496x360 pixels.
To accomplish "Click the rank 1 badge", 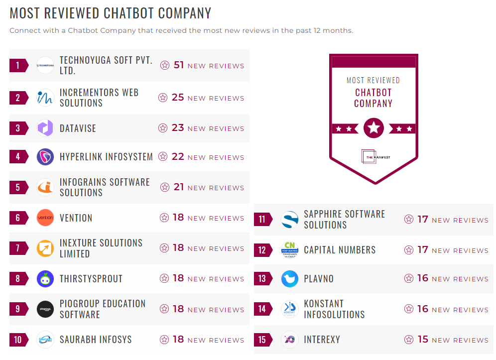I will [18, 65].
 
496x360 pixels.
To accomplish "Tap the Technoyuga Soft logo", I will [45, 65].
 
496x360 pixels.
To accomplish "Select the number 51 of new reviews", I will [179, 65].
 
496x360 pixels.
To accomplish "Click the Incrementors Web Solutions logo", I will [45, 98].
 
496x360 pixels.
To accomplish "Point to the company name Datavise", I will [78, 128].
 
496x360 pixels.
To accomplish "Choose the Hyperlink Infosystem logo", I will [45, 157].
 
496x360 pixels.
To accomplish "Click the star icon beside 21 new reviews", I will [165, 187].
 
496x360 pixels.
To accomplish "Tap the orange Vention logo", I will [45, 218].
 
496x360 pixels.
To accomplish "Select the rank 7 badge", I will [18, 248].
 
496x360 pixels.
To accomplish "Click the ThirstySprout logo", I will [45, 278].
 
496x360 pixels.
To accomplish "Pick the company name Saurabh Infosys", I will [96, 340].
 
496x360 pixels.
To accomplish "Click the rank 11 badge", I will [262, 220].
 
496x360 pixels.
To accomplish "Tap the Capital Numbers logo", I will [289, 250].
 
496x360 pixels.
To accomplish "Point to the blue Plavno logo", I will [289, 278].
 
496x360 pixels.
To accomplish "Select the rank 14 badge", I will [262, 309].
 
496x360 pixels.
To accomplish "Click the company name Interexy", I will [322, 340].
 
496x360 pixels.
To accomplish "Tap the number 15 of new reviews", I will [423, 340].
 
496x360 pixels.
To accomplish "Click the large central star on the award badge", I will [373, 128].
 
